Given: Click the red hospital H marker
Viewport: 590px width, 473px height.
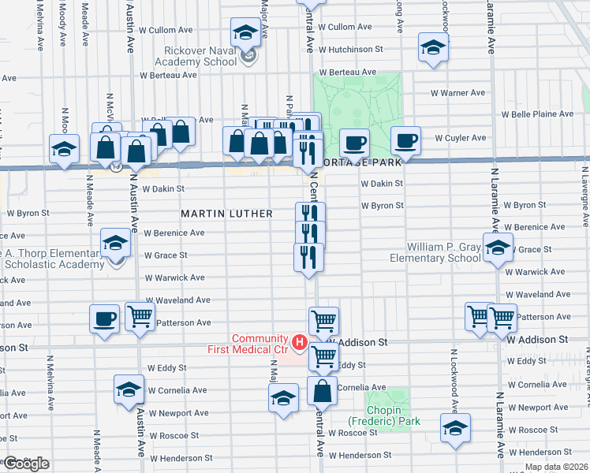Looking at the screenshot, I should coord(300,342).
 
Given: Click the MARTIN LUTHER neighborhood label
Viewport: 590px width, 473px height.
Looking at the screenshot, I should coord(226,214).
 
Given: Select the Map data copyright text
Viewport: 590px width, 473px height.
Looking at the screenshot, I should coord(555,467).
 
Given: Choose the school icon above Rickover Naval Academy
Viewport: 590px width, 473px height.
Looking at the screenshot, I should coord(245,33).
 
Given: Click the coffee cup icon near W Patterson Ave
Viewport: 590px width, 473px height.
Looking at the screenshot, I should coord(104,318).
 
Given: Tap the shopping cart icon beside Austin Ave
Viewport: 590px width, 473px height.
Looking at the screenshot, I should coord(140,317).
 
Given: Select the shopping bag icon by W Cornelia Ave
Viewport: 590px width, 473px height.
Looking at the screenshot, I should coord(323,390).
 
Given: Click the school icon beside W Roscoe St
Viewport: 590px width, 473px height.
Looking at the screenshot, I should coord(455,428).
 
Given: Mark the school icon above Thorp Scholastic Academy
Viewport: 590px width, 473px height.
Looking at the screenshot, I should coord(116,243).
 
